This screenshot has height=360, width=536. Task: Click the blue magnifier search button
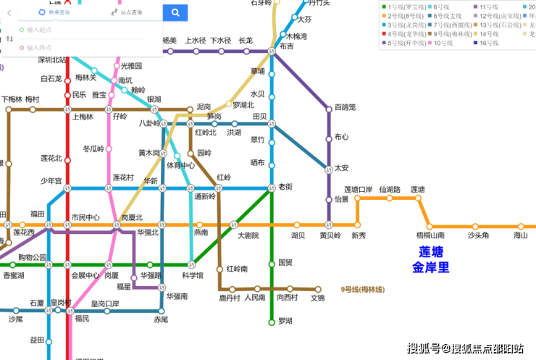pos(175,12)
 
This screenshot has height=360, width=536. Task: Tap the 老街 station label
pos(286,187)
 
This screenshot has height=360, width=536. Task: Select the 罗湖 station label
pos(285,320)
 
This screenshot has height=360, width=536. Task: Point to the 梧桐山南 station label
pos(430,235)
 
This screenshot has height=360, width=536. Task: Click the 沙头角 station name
pos(478,235)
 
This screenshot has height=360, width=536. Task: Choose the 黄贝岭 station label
pos(330,235)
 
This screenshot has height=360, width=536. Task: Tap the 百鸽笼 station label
pos(346,108)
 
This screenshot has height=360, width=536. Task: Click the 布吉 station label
pos(286,46)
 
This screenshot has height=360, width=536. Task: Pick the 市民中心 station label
pos(85,217)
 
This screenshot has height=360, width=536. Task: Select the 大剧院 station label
pos(248,235)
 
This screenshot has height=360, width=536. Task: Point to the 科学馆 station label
pos(193,275)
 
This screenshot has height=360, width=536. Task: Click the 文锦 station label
pos(318,298)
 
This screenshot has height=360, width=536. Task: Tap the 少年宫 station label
pos(51,181)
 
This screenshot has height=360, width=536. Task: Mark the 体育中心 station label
pos(181,166)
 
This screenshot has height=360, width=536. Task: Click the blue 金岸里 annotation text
pos(431,268)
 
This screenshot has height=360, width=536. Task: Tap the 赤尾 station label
pos(162,319)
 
